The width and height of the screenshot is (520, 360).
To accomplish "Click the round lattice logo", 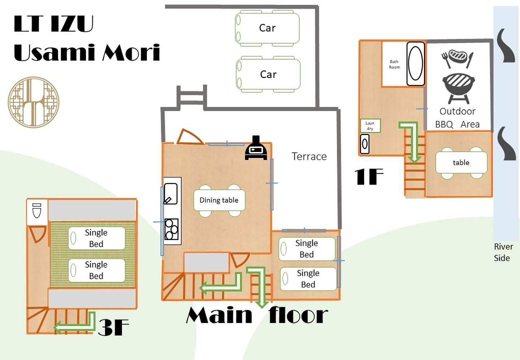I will (34, 102).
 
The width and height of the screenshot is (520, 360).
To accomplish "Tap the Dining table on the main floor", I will (219, 200).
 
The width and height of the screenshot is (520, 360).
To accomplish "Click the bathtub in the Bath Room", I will (415, 64).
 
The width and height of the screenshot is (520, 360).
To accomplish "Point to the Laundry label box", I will (370, 126).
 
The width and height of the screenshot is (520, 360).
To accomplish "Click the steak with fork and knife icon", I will (457, 58).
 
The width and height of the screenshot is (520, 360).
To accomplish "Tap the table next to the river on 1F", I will (461, 163).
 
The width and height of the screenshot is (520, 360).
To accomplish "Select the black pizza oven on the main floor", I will (256, 148).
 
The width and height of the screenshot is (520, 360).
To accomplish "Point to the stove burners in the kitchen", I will (172, 229).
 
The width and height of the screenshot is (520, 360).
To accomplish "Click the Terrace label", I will (309, 156).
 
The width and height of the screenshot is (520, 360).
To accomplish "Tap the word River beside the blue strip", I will (503, 247).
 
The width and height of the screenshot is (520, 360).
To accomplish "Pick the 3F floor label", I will (113, 327).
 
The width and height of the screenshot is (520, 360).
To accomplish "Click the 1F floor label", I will (368, 177).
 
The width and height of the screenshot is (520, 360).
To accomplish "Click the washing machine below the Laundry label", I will (365, 144).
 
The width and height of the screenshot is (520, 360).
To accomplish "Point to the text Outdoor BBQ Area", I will (458, 118).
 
